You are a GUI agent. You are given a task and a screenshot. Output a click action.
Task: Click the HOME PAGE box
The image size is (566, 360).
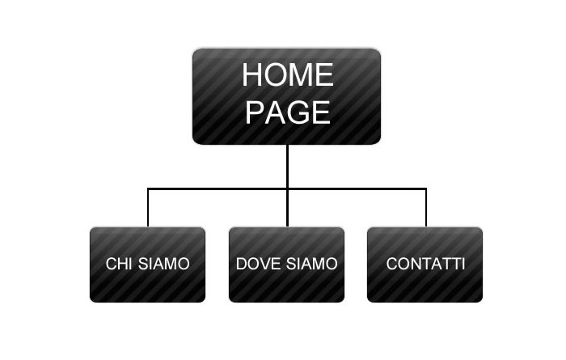(286, 96)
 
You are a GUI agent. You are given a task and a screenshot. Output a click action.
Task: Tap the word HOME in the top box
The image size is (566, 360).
(288, 74)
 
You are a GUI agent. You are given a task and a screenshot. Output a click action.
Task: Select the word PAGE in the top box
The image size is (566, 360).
(288, 112)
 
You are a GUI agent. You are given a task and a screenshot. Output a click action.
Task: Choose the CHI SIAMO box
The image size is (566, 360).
(148, 265)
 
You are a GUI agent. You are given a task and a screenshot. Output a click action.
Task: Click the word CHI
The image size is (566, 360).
(119, 264)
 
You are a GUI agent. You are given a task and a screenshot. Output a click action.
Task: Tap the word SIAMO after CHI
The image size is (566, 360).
(164, 264)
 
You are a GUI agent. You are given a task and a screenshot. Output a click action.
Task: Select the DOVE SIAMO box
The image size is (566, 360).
(286, 265)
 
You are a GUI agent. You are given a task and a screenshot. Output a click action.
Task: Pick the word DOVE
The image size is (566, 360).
(258, 264)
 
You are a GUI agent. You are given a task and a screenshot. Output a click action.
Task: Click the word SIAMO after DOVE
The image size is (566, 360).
(312, 264)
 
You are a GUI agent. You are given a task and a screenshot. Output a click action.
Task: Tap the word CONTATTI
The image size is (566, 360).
(425, 264)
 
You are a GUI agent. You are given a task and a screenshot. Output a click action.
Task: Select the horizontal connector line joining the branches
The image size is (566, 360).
(287, 188)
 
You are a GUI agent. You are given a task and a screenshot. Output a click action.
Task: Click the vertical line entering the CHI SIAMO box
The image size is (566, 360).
(148, 208)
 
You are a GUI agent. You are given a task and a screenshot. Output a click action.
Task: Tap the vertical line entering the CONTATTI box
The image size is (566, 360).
(426, 208)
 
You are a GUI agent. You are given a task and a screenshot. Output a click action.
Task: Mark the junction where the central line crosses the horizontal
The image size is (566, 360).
(287, 188)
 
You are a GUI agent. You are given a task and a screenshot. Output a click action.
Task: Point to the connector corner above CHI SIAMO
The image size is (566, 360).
(148, 188)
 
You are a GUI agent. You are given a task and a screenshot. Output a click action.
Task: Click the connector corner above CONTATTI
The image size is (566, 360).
(426, 188)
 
